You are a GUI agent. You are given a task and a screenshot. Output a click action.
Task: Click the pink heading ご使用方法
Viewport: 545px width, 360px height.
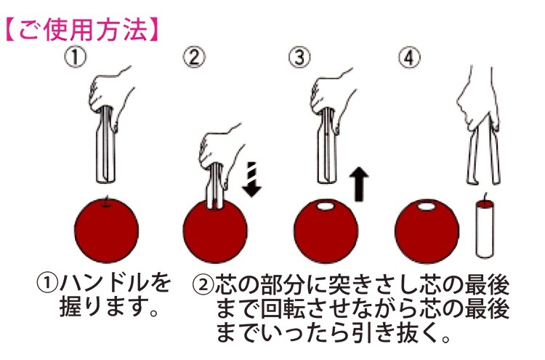pyautogui.click(x=82, y=31)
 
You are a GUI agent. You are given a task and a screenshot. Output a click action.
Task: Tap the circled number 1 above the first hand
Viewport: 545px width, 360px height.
pyautogui.click(x=76, y=57)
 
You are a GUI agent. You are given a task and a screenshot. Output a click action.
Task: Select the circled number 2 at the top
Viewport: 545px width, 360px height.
pyautogui.click(x=194, y=57)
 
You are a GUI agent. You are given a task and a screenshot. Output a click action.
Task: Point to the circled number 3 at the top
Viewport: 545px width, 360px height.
pyautogui.click(x=300, y=57)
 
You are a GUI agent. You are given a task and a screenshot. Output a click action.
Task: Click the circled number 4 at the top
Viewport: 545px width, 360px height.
pyautogui.click(x=409, y=57)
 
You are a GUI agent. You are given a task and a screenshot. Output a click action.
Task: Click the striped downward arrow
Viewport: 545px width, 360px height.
pyautogui.click(x=252, y=178)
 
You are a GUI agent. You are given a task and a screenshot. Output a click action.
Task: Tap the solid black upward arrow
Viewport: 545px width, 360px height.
pyautogui.click(x=360, y=184)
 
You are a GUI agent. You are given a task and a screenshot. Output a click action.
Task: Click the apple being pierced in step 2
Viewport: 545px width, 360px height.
pyautogui.click(x=215, y=231)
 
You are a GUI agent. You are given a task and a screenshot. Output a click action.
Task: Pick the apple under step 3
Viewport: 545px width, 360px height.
pyautogui.click(x=326, y=231)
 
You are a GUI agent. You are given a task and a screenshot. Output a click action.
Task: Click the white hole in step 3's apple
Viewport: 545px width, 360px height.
pyautogui.click(x=326, y=207)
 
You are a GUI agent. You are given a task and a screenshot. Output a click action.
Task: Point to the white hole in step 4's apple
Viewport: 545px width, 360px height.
pyautogui.click(x=427, y=207)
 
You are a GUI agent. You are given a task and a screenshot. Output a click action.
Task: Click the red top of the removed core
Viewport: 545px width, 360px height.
pyautogui.click(x=485, y=202)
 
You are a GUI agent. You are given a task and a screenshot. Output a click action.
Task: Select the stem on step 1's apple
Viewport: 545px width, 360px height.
pyautogui.click(x=108, y=201)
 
